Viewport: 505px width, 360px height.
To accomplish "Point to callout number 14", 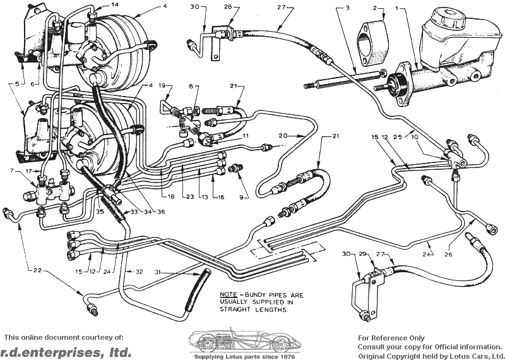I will [x=115, y=4].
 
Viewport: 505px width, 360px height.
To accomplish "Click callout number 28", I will [x=228, y=7].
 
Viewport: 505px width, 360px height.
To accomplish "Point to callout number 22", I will [x=37, y=270].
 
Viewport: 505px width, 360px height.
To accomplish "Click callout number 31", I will [x=163, y=272].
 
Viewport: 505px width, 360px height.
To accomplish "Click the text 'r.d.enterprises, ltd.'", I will [x=66, y=351].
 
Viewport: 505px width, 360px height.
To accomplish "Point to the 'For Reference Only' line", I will [x=391, y=338].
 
